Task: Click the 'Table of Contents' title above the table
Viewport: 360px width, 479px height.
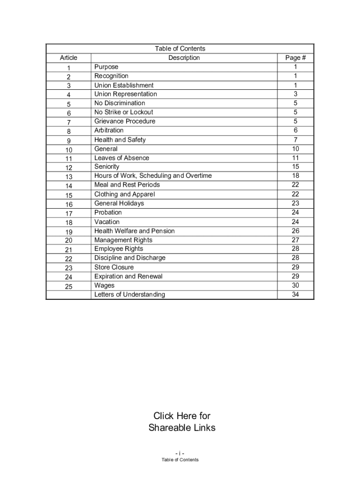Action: pyautogui.click(x=180, y=49)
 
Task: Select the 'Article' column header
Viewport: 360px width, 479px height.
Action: pyautogui.click(x=68, y=58)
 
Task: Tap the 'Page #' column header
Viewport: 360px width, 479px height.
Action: pyautogui.click(x=295, y=58)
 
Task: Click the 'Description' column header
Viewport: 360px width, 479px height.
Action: pyautogui.click(x=184, y=58)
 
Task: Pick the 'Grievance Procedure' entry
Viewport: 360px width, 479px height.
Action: pyautogui.click(x=125, y=121)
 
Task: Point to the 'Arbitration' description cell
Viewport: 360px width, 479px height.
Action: pyautogui.click(x=109, y=130)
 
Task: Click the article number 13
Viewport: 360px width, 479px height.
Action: pyautogui.click(x=69, y=177)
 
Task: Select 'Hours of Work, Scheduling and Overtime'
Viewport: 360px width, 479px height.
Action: pyautogui.click(x=153, y=176)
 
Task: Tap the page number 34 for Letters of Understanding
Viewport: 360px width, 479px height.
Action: pyautogui.click(x=295, y=295)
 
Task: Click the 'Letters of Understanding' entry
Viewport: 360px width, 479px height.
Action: pyautogui.click(x=130, y=295)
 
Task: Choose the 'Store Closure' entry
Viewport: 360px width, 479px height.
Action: pyautogui.click(x=114, y=267)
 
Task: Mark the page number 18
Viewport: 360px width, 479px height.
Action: pyautogui.click(x=295, y=176)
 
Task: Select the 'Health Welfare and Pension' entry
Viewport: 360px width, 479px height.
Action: pyautogui.click(x=134, y=231)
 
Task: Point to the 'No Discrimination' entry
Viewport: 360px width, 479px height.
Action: pyautogui.click(x=120, y=103)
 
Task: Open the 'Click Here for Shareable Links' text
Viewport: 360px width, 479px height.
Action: pyautogui.click(x=182, y=421)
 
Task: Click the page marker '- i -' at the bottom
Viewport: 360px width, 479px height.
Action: pyautogui.click(x=180, y=453)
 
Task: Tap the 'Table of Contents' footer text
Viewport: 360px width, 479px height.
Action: pyautogui.click(x=180, y=460)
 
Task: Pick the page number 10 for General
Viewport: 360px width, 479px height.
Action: pyautogui.click(x=295, y=149)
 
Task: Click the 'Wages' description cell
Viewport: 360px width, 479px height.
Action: pyautogui.click(x=104, y=285)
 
